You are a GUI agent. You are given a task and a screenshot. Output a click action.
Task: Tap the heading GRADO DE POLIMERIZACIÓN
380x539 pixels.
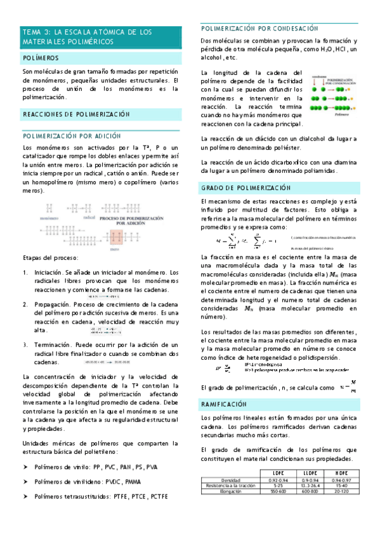[x=246, y=189]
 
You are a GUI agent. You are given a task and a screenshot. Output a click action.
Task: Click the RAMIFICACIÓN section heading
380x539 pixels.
[x=223, y=404]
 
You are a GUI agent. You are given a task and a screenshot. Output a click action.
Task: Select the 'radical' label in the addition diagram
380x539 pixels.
[x=89, y=217]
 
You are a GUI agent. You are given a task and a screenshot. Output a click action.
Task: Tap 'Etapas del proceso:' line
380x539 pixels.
[x=50, y=257]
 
